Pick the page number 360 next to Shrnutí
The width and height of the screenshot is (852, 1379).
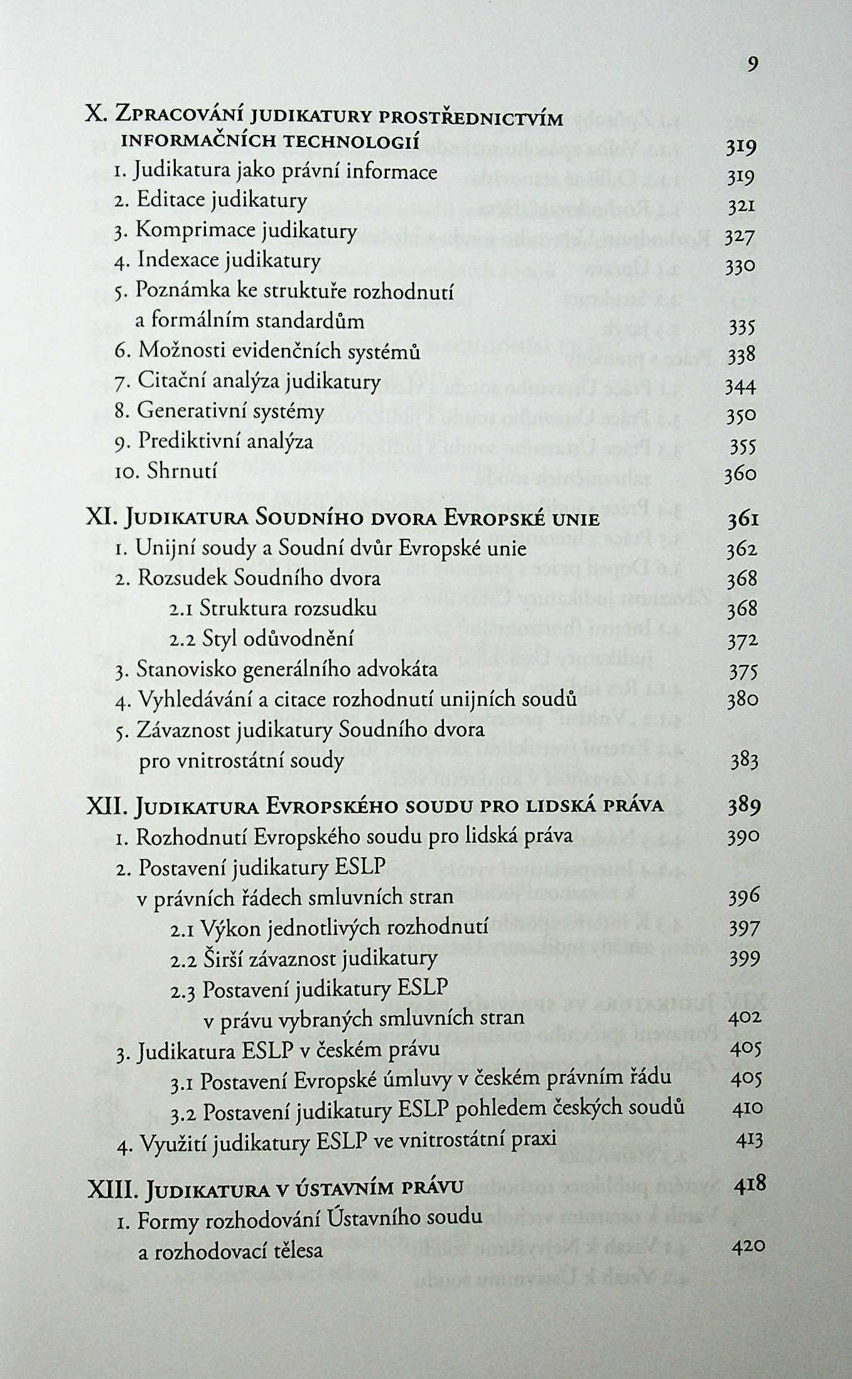pyautogui.click(x=741, y=474)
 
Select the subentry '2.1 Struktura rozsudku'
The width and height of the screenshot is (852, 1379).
pyautogui.click(x=273, y=608)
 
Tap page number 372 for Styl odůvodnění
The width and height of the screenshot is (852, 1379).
pyautogui.click(x=743, y=641)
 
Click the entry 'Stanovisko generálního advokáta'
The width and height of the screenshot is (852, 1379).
pyautogui.click(x=277, y=669)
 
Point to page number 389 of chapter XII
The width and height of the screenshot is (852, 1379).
pyautogui.click(x=744, y=806)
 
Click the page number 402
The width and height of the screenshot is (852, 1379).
pyautogui.click(x=746, y=1018)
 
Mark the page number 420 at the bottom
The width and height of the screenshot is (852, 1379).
pyautogui.click(x=748, y=1246)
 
